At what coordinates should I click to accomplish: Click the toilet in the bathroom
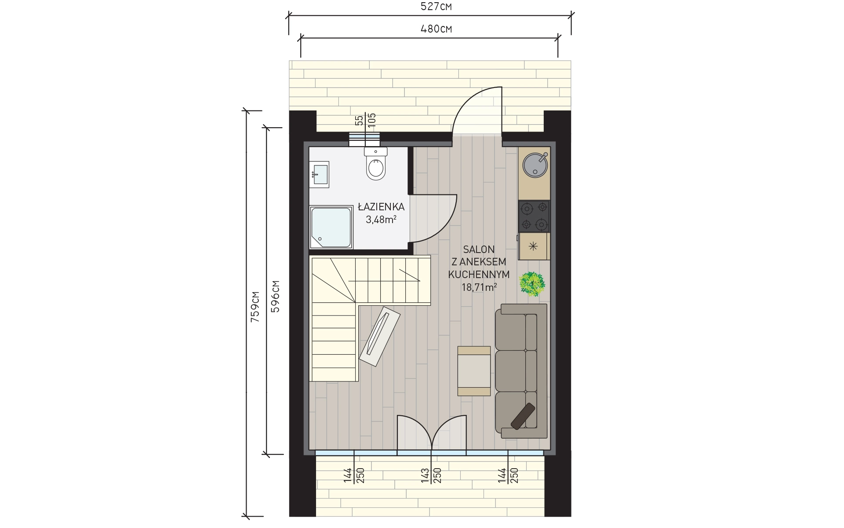[376, 164]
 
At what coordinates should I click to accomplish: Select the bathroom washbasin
[319, 174]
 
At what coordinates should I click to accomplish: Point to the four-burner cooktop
[534, 216]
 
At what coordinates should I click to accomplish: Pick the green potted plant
[533, 284]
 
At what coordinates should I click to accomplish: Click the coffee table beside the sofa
[474, 371]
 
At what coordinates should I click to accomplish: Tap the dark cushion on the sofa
[523, 416]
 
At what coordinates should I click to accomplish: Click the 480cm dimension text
[436, 29]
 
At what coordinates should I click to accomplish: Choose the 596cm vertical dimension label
[275, 296]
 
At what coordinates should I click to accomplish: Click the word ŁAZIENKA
[381, 206]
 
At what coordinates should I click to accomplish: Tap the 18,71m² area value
[479, 287]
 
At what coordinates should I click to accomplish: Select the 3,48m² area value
[381, 219]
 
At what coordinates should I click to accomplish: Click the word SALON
[479, 249]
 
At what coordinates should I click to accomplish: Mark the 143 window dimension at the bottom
[425, 476]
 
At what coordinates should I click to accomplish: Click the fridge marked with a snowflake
[534, 246]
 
